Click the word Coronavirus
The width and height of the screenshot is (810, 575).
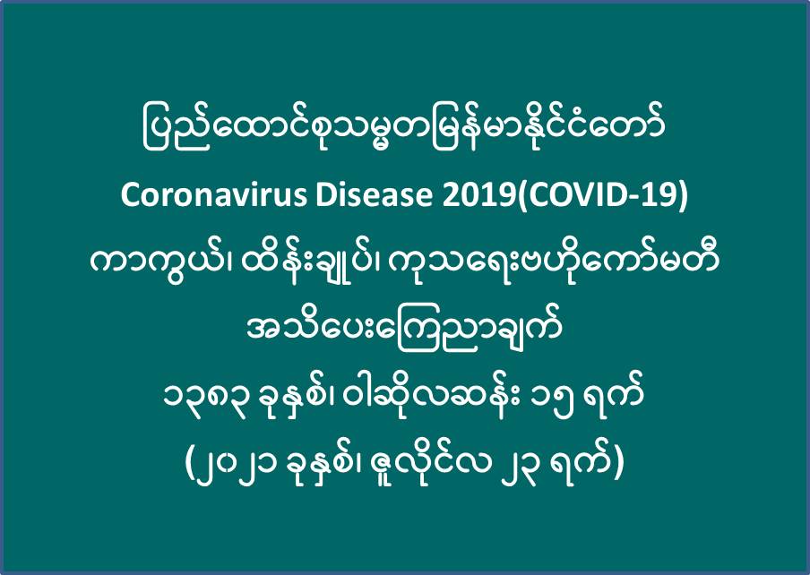coord(214,195)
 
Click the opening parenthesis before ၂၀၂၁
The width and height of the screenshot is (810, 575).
coord(190,464)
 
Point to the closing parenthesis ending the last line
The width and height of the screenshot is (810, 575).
coord(619,464)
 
